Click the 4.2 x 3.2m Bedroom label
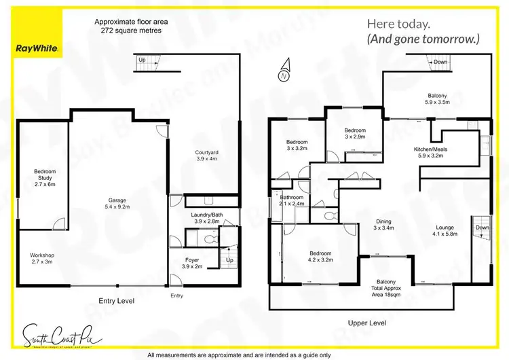[309, 256]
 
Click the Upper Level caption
[366, 323]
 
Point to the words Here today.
[398, 24]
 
